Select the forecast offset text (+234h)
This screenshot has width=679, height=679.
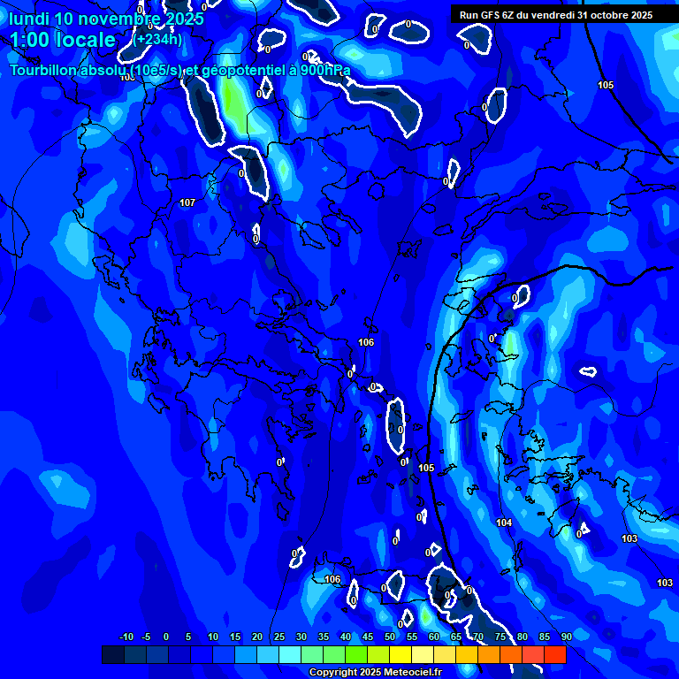[159, 39]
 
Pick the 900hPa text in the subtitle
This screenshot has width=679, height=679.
[325, 70]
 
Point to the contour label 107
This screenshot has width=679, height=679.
[187, 202]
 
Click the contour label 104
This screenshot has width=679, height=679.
[504, 523]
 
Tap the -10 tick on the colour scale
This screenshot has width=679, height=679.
[126, 637]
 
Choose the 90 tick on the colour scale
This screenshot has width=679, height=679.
[566, 637]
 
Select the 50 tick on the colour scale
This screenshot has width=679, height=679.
[390, 637]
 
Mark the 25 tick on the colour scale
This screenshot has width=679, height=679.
[279, 637]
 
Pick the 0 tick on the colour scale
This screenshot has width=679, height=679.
[166, 637]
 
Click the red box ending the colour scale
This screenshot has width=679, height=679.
[555, 654]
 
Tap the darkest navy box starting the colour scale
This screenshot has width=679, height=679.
[113, 654]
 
